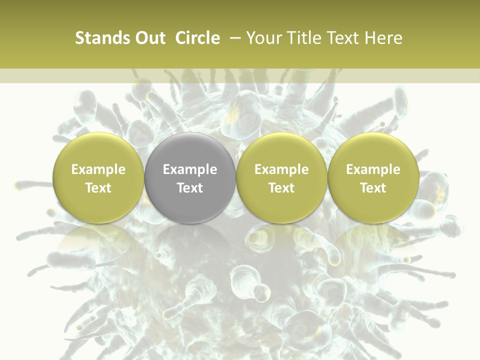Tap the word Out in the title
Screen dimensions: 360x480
pyautogui.click(x=149, y=38)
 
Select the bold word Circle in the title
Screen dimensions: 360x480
pyautogui.click(x=197, y=38)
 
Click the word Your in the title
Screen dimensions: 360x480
pyautogui.click(x=263, y=38)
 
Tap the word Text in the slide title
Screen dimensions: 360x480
pyautogui.click(x=342, y=38)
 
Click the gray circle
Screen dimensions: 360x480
pyautogui.click(x=190, y=178)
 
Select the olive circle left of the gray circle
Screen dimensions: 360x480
pyautogui.click(x=98, y=178)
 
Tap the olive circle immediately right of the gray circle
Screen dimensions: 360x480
pyautogui.click(x=281, y=178)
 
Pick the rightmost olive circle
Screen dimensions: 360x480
pyautogui.click(x=373, y=178)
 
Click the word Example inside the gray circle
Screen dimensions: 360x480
pyautogui.click(x=190, y=169)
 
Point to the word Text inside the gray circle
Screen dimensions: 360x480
pyautogui.click(x=190, y=188)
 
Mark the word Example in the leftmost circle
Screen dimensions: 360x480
pyautogui.click(x=98, y=169)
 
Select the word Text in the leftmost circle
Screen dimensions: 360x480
pyautogui.click(x=98, y=188)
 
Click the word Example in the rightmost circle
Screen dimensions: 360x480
pyautogui.click(x=373, y=169)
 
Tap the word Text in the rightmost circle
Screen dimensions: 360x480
pyautogui.click(x=373, y=188)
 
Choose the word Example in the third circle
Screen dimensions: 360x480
pyautogui.click(x=281, y=169)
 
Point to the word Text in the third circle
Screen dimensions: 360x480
pyautogui.click(x=281, y=188)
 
